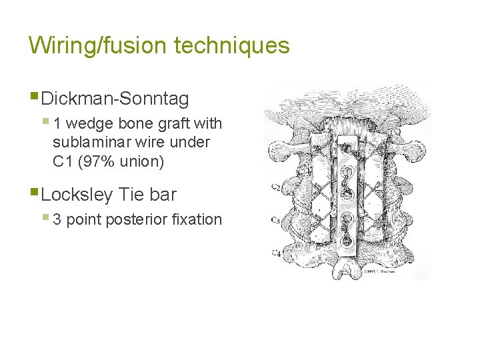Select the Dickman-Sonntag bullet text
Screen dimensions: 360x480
(x=115, y=99)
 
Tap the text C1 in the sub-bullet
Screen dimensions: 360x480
(x=63, y=161)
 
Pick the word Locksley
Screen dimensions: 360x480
(x=76, y=195)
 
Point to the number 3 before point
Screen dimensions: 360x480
(x=57, y=219)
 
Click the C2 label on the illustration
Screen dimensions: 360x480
(x=275, y=187)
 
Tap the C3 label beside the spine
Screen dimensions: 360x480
(x=275, y=219)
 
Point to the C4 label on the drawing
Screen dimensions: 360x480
(x=275, y=252)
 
